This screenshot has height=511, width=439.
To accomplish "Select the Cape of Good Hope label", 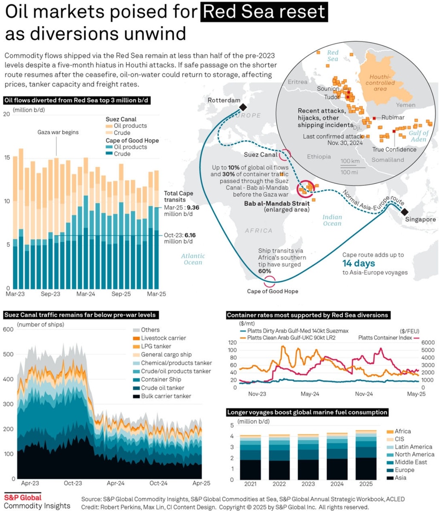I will (273, 291).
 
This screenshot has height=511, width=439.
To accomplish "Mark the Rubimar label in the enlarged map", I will (393, 118).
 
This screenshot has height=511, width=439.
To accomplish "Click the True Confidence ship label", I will (394, 149).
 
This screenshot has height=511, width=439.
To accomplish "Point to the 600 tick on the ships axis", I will (8, 329).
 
